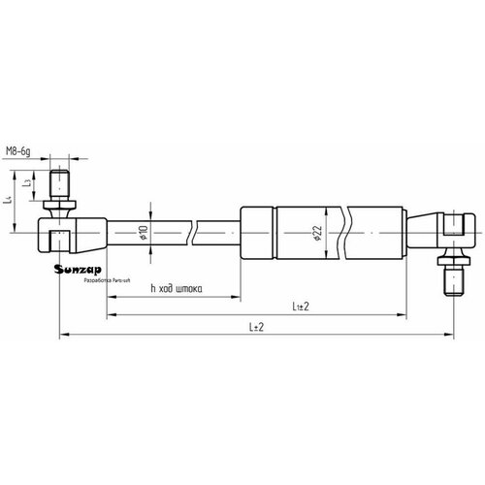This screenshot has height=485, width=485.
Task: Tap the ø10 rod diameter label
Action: pyautogui.click(x=144, y=233)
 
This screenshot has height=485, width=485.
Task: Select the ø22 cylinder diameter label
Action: pyautogui.click(x=317, y=234)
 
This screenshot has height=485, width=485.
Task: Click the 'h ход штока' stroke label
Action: pyautogui.click(x=177, y=288)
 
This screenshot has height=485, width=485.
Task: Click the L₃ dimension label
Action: pyautogui.click(x=31, y=182)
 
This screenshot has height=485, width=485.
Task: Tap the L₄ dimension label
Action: pyautogui.click(x=10, y=200)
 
